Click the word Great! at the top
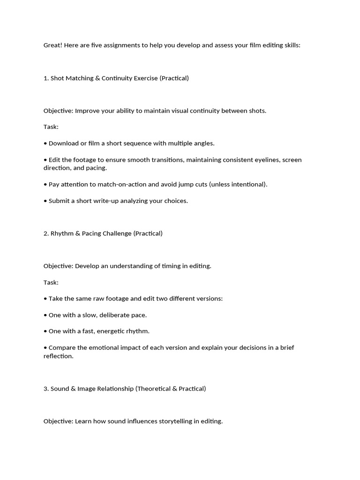(x=53, y=45)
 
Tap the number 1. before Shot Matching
(x=46, y=78)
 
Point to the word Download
(x=64, y=143)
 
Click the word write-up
(x=111, y=201)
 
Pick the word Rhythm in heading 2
(x=62, y=233)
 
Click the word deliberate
(x=115, y=315)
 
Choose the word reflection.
(x=59, y=356)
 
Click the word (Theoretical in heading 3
(x=155, y=389)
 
